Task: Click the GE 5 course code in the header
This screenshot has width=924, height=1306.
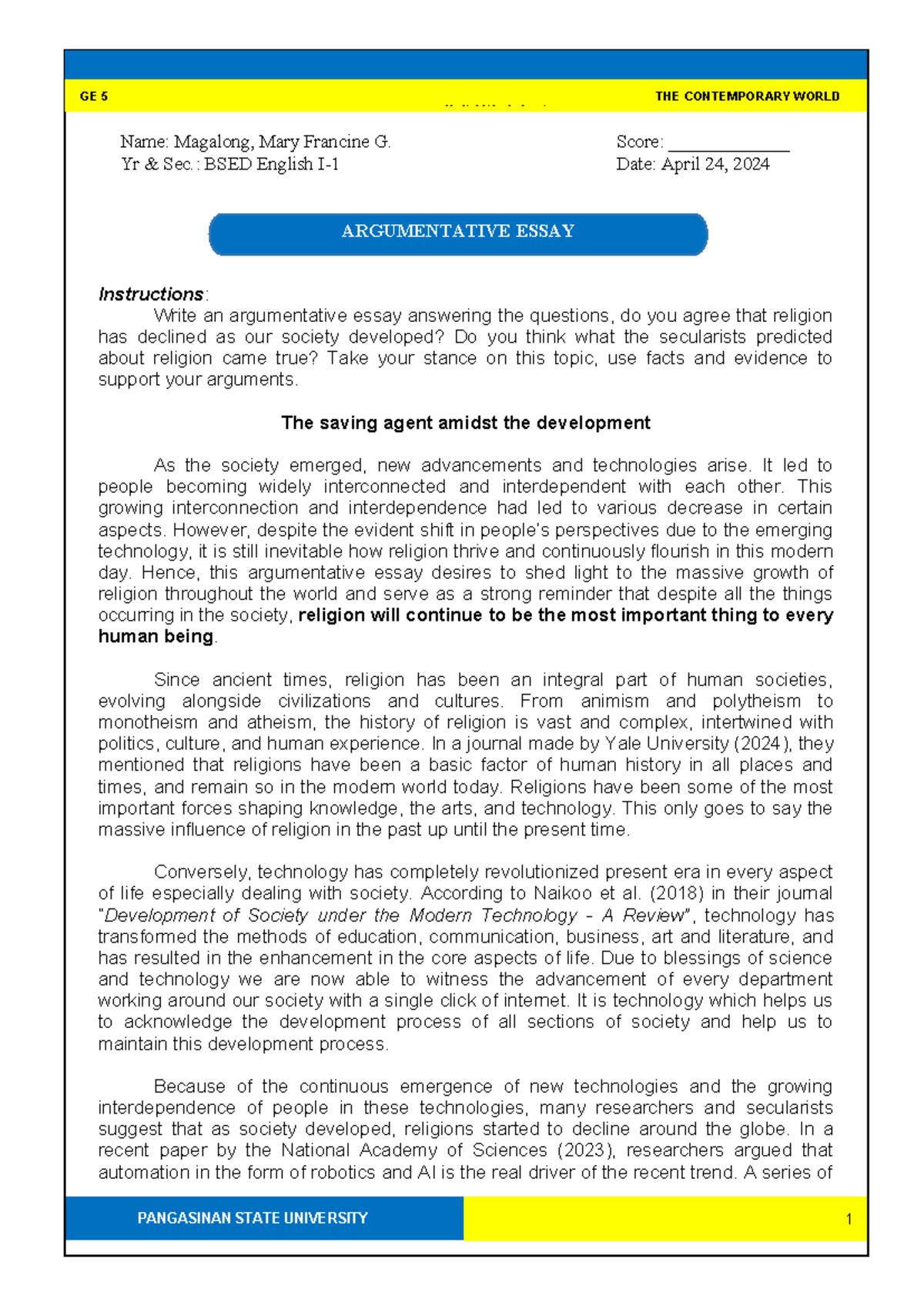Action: [93, 97]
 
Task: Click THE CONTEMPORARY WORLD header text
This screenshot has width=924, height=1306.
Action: [747, 97]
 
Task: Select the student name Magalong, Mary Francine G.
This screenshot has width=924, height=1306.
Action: [282, 142]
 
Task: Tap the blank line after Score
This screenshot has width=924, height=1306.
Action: [728, 144]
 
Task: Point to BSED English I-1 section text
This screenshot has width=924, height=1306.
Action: [271, 165]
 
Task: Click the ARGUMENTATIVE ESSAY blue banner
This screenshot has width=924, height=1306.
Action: [458, 233]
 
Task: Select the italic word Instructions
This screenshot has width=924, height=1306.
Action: [151, 295]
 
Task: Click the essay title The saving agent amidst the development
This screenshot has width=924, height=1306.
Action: [465, 424]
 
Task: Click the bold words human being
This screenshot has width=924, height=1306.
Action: [156, 638]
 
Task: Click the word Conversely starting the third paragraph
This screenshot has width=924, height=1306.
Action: [202, 872]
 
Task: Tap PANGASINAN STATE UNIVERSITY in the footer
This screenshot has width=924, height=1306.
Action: [253, 1218]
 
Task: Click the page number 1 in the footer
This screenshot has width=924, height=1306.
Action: [849, 1219]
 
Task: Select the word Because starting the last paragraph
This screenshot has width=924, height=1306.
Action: [189, 1087]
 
